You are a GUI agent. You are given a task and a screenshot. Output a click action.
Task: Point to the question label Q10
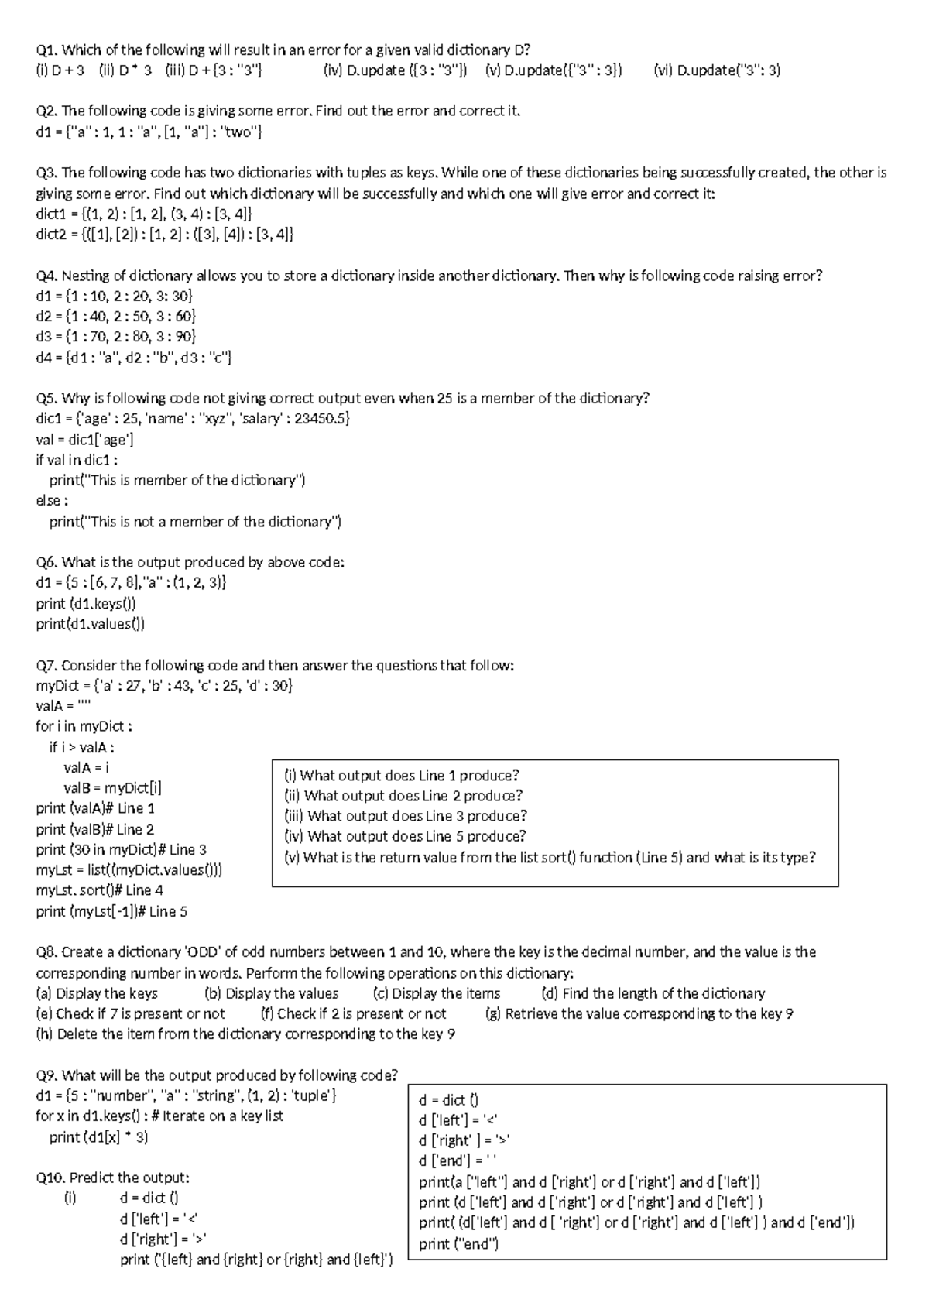pos(50,1178)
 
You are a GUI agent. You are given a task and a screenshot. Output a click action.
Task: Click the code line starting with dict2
pos(164,235)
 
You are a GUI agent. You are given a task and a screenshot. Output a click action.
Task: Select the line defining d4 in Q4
pos(133,358)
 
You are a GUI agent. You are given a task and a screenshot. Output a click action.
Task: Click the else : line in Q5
pos(52,501)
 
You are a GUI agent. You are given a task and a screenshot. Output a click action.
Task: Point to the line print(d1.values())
pos(90,624)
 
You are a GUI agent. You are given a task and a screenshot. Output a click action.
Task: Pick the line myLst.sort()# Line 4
pos(99,890)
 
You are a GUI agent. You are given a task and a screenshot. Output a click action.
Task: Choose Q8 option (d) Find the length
pos(653,994)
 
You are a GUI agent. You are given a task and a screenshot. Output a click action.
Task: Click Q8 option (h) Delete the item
pos(245,1034)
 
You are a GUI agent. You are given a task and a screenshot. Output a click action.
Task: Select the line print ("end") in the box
pos(458,1244)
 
